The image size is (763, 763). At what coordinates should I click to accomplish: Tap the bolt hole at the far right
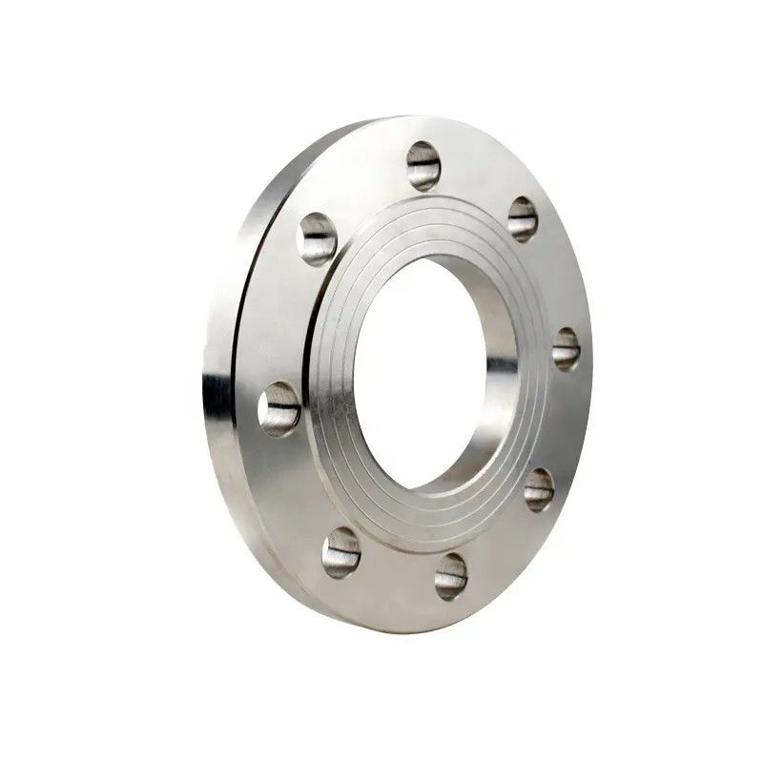tap(566, 348)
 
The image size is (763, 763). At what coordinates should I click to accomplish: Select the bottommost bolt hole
tap(450, 576)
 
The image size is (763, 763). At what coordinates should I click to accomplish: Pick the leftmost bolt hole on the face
tap(279, 408)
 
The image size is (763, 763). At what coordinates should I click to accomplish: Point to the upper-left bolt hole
tap(319, 237)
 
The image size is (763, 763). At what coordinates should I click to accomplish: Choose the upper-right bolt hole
tap(523, 218)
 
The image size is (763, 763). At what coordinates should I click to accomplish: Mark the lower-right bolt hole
tap(538, 489)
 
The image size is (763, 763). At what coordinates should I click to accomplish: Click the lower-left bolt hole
tap(340, 553)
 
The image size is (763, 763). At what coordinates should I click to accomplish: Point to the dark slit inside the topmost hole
tap(425, 168)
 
